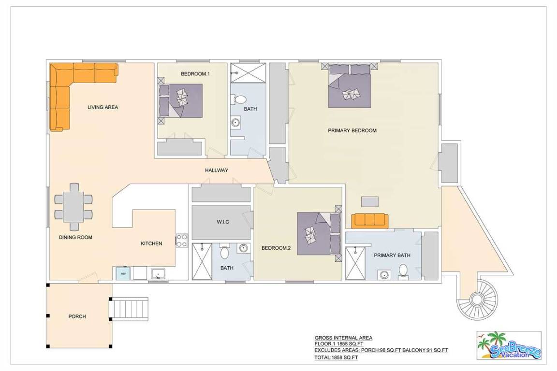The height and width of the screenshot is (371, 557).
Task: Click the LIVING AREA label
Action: [x=103, y=107]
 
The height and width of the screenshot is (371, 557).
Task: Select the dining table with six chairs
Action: [x=73, y=207]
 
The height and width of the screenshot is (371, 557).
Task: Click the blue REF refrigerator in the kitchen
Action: [x=124, y=273]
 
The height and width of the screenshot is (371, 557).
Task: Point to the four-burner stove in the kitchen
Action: [x=182, y=241]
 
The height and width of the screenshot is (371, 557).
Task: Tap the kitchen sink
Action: [x=158, y=274]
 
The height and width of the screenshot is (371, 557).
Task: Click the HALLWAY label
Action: [x=216, y=171]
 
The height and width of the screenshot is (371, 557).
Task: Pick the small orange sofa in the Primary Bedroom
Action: [x=370, y=220]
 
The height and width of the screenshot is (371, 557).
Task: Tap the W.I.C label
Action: [x=223, y=222]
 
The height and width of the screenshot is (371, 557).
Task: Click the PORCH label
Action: [x=77, y=317]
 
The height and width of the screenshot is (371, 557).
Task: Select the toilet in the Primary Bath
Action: [x=403, y=271]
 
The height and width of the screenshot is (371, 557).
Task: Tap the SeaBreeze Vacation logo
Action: [x=509, y=345]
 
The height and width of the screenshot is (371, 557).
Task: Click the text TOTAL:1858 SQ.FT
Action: [x=336, y=357]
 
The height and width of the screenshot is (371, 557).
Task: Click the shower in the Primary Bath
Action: [x=355, y=263]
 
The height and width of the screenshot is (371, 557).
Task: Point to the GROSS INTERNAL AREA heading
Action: [x=343, y=338]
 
